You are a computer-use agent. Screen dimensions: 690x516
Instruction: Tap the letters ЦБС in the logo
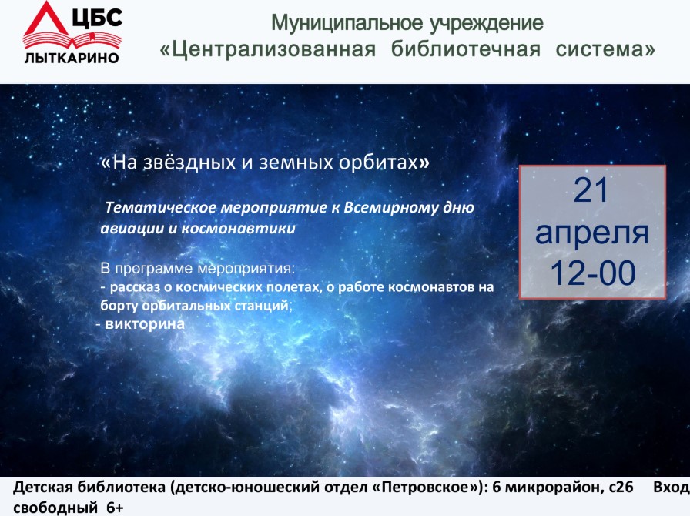[x=97, y=18]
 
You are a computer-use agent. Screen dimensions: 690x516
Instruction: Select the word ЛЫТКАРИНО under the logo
[x=72, y=58]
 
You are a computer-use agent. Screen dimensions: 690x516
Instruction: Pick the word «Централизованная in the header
[x=267, y=49]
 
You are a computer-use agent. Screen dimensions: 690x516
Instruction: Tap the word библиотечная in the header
[x=466, y=49]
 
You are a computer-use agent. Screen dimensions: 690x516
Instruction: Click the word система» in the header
[x=605, y=49]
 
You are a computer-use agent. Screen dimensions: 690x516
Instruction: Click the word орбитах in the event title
[x=378, y=163]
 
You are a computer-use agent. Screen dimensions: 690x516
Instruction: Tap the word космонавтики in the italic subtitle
[x=238, y=229]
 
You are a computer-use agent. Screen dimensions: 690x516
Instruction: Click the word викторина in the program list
[x=145, y=324]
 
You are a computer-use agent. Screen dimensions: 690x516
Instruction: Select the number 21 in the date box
[x=591, y=190]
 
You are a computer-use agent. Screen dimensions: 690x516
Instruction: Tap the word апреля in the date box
[x=592, y=233]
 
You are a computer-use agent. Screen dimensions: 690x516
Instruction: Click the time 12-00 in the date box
[x=593, y=273]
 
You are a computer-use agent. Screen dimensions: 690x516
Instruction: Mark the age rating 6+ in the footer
[x=115, y=508]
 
